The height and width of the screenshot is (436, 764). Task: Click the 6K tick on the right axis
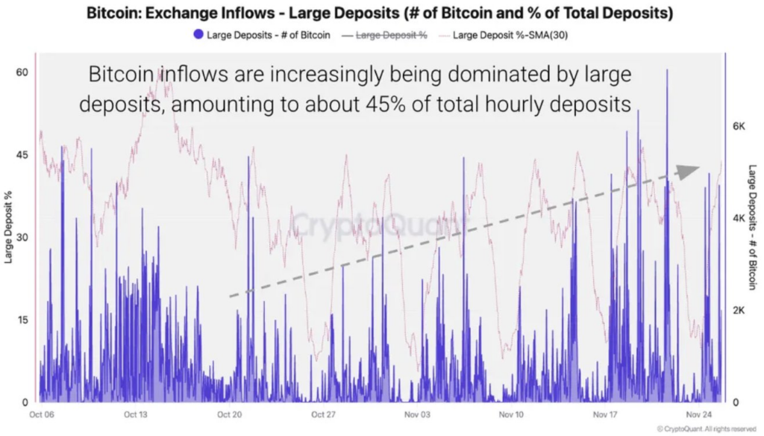click(x=739, y=126)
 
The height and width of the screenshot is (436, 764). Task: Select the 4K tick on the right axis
click(x=739, y=218)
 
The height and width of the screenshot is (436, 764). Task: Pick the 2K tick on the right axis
click(x=739, y=310)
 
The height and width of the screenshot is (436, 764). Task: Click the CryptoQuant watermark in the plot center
click(x=378, y=223)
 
